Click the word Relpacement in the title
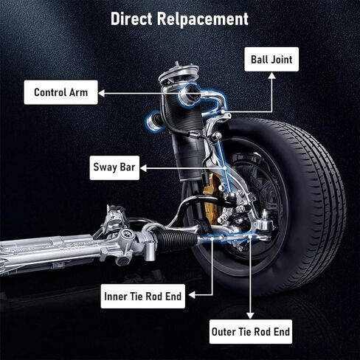[x=203, y=19]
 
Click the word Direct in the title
[x=131, y=18]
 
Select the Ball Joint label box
[x=271, y=59]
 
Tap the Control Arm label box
[x=60, y=92]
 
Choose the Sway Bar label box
[x=114, y=167]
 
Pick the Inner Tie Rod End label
[x=143, y=296]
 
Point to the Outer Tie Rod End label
[x=251, y=332]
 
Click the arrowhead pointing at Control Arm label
[x=101, y=93]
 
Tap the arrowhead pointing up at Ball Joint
[x=271, y=75]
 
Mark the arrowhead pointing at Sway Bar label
[x=143, y=168]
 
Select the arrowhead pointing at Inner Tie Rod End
[x=192, y=295]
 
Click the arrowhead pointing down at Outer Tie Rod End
[x=250, y=316]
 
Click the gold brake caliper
[x=211, y=199]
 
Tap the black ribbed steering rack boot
[x=177, y=238]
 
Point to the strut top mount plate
[x=179, y=73]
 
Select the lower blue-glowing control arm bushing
[x=153, y=121]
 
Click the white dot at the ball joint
[x=223, y=111]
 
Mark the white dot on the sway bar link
[x=225, y=168]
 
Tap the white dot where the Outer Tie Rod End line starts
[x=250, y=236]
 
